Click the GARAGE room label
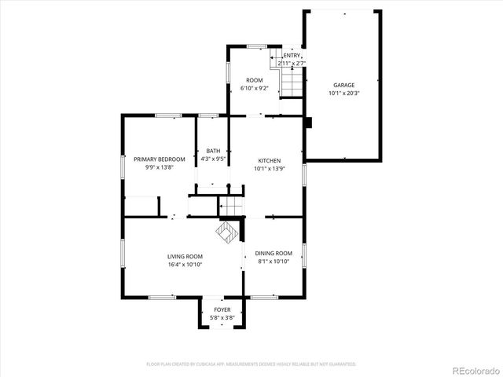point(343,85)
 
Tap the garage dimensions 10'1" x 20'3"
point(343,93)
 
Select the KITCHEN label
point(267,160)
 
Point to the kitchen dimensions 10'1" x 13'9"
point(267,168)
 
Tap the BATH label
point(213,152)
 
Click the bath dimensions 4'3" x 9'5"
point(213,159)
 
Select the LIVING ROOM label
point(185,257)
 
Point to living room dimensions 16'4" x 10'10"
point(185,265)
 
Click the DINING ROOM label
point(274,253)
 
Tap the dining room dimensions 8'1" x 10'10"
point(274,261)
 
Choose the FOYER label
point(222,310)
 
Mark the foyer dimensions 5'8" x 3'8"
point(222,317)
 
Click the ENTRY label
point(292,55)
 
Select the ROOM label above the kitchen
point(254,81)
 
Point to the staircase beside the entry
point(292,82)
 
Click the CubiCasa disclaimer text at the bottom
point(251,364)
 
